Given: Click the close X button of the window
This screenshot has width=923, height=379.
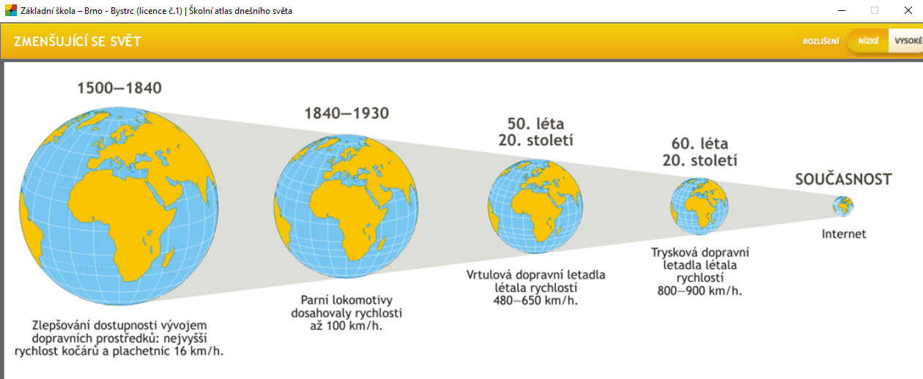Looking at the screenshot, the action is point(908,11).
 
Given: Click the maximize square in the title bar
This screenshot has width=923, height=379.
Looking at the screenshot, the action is point(875,11).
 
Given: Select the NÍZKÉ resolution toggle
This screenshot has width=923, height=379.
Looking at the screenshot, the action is point(868,41).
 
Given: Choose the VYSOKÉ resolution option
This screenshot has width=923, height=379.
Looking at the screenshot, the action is point(908,41).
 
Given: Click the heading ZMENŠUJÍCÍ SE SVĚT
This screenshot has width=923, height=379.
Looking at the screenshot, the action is point(78,42).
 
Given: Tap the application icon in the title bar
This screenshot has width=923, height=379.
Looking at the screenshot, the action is point(11,11).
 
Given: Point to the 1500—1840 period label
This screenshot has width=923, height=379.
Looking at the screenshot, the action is point(119,88).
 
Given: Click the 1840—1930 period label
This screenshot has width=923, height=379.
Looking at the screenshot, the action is point(346,113).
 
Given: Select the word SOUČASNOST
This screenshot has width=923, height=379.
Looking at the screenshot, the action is point(843,179).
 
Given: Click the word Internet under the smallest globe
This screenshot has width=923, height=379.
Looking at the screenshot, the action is point(844,234).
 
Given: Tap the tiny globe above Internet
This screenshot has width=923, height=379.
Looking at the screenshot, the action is point(843,206).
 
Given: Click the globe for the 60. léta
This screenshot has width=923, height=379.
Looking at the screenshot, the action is point(700,206).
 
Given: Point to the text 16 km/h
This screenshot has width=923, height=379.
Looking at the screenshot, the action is point(199,351).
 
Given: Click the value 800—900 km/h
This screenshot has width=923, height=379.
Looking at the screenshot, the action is point(700,291).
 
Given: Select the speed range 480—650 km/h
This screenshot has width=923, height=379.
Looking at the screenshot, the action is point(535,301).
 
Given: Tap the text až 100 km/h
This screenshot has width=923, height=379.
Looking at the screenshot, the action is point(346,326).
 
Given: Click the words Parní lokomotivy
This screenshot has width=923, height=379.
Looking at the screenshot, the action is point(346,300).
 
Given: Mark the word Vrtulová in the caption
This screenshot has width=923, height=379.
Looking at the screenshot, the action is point(489,275).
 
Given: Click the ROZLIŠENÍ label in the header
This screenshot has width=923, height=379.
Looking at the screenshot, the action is point(820,41).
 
